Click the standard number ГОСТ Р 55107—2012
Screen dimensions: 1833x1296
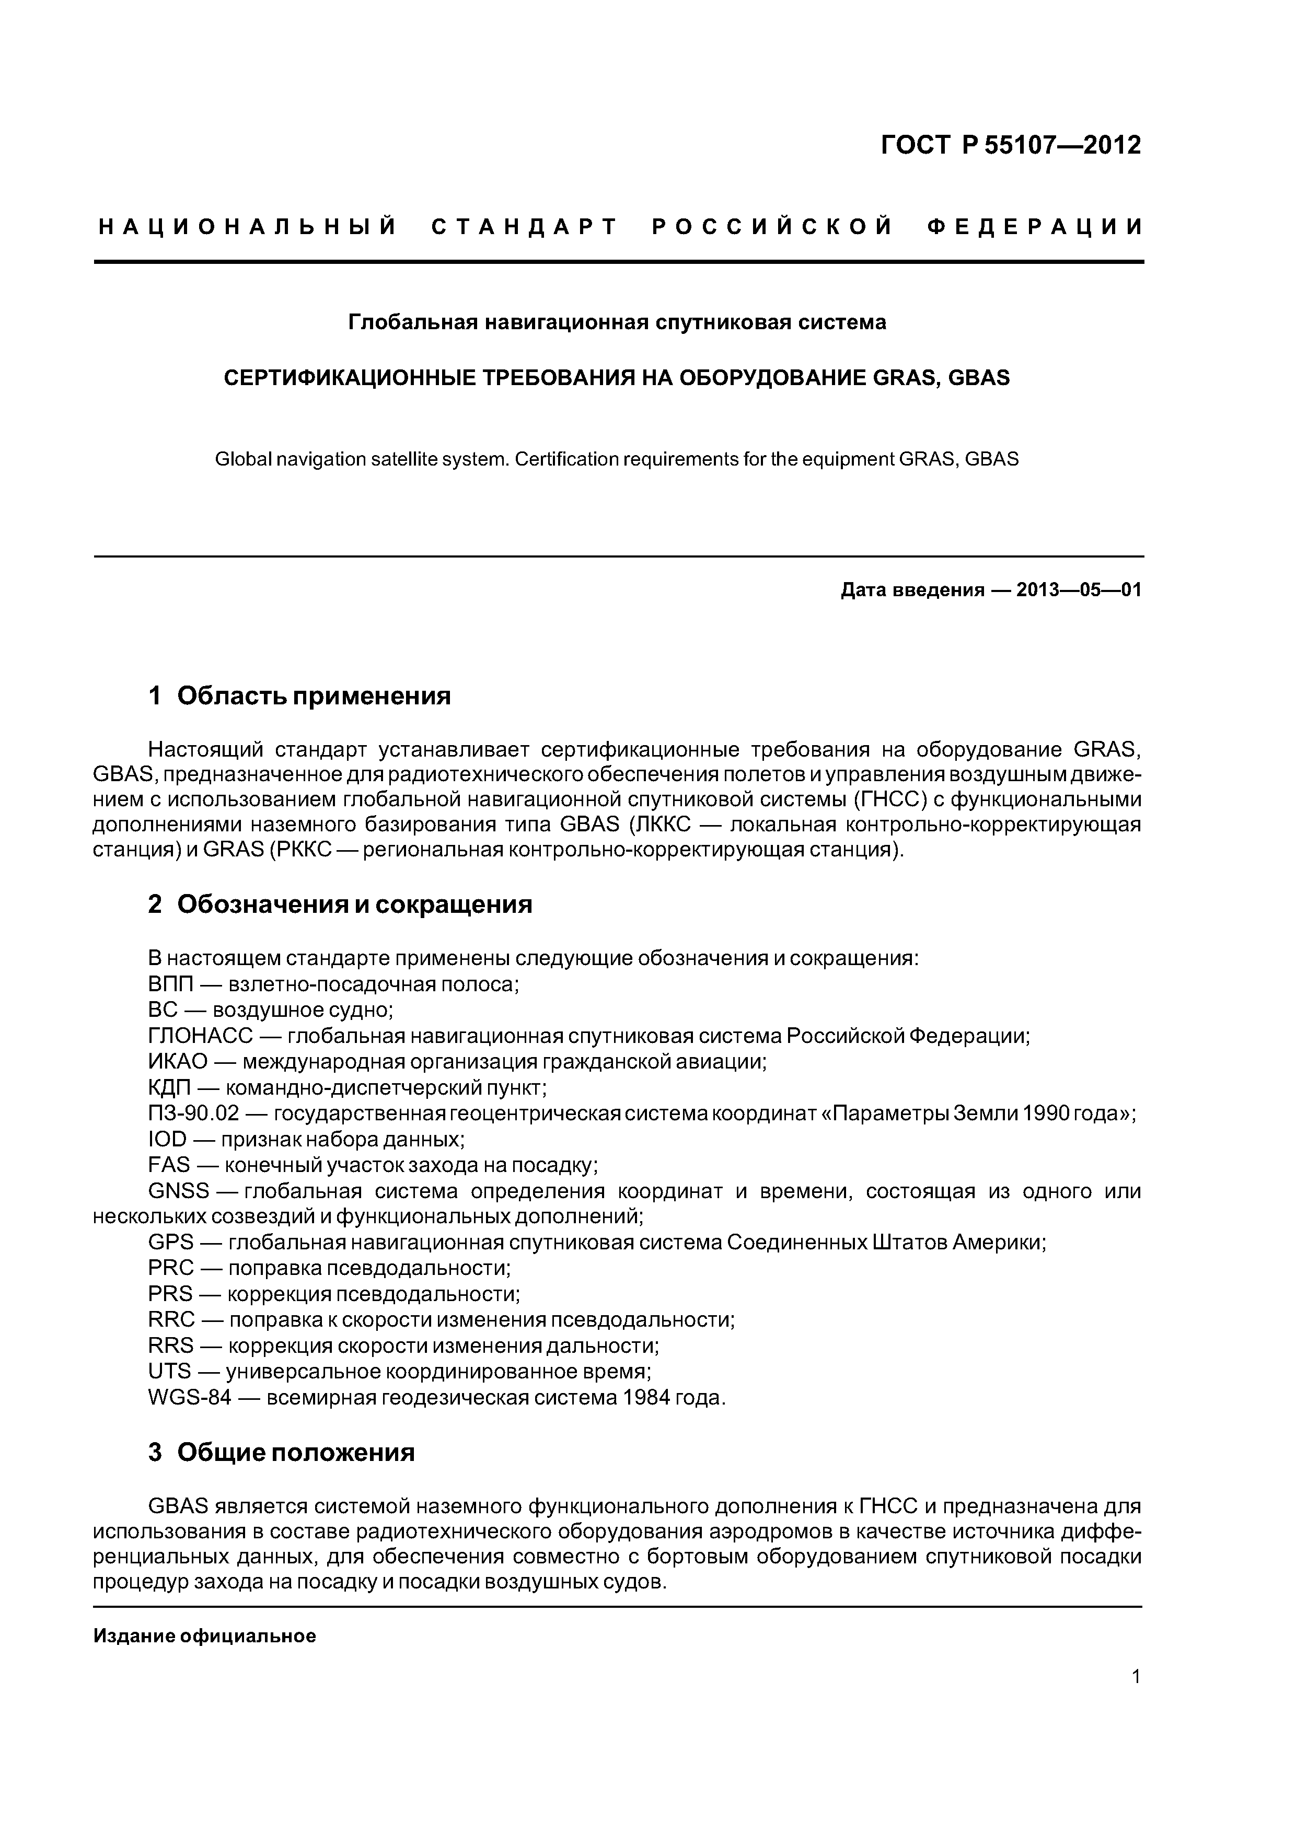tap(1011, 145)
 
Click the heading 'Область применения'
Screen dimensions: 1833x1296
tap(314, 696)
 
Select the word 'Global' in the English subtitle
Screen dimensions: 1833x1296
tap(244, 460)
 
